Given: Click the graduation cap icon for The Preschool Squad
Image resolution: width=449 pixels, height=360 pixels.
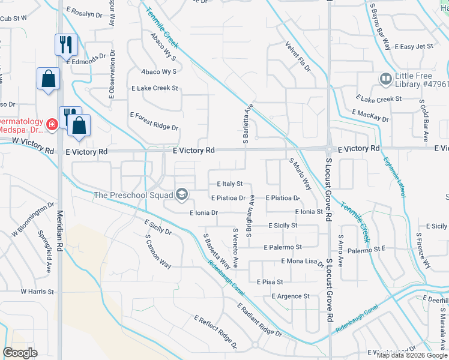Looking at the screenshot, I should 182,194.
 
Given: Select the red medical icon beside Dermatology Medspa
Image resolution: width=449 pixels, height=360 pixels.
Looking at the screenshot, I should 52,124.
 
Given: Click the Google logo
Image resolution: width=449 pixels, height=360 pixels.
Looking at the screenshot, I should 20,352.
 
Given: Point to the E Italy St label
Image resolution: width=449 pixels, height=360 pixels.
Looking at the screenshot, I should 225,184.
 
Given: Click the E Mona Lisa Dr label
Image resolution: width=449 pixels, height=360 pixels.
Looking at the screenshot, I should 302,262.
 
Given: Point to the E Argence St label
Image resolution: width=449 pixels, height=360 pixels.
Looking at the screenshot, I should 291,296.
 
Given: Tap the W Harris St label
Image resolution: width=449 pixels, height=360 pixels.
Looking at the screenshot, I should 37,292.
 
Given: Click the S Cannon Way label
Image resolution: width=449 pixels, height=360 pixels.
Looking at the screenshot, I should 158,250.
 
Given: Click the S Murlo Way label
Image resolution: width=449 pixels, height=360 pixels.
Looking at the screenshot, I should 300,174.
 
